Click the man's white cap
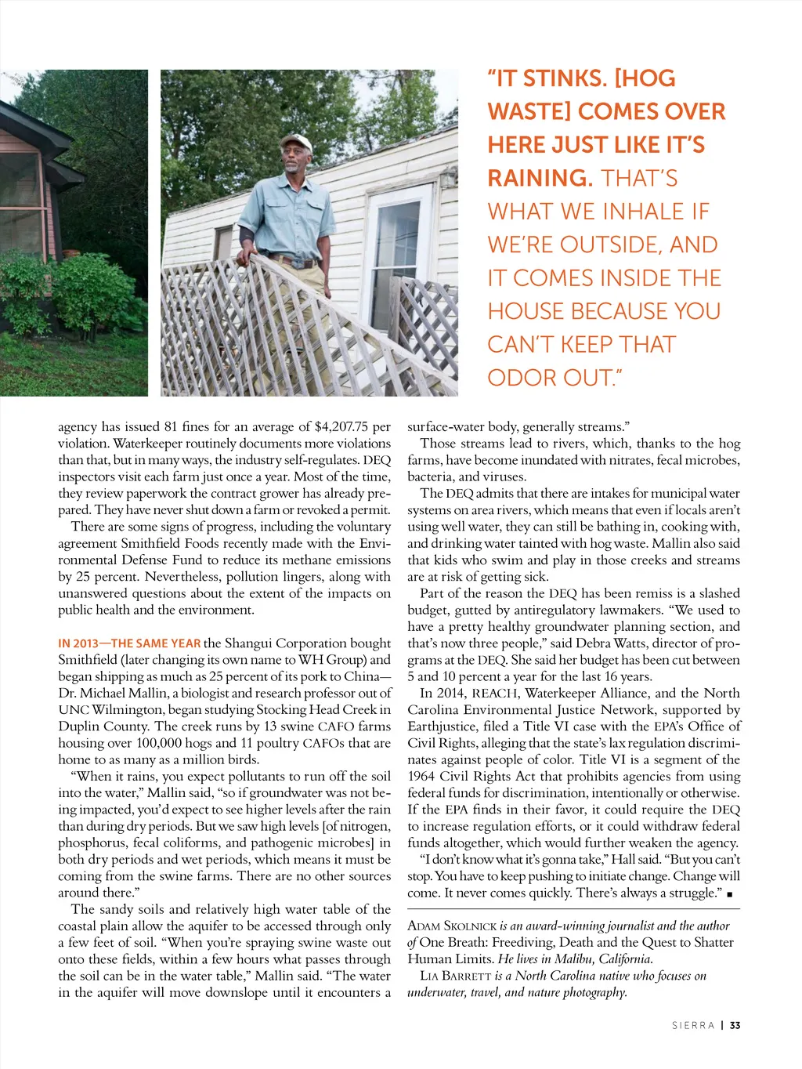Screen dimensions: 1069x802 [296, 143]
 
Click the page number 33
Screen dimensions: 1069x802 [735, 1025]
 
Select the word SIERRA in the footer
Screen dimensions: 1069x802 [693, 1025]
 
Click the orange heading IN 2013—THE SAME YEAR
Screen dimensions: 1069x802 [129, 643]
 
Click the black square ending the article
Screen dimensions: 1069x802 [730, 894]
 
